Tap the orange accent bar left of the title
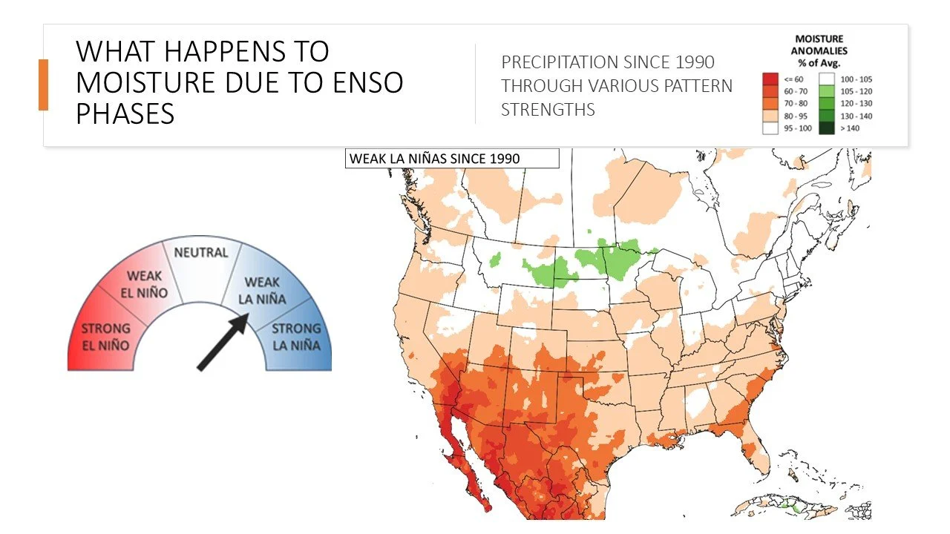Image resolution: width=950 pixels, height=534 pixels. [43, 85]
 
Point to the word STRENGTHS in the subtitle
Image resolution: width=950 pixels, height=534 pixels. [548, 110]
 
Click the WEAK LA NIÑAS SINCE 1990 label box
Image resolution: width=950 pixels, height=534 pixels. [451, 159]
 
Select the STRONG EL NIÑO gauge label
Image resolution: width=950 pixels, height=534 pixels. [105, 337]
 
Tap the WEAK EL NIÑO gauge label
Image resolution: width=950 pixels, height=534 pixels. [144, 284]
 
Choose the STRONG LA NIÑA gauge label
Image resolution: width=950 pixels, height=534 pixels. [296, 337]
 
